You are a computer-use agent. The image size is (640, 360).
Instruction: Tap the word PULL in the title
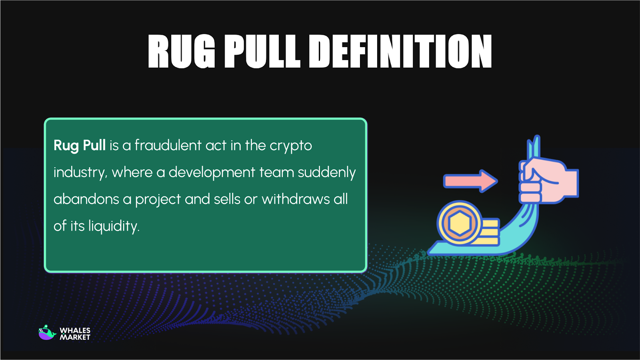(262, 51)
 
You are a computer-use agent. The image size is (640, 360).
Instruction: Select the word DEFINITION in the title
(400, 51)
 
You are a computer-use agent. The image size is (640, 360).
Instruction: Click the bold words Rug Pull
(80, 146)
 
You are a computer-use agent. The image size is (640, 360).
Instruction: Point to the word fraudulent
(168, 146)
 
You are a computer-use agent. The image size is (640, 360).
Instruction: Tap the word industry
(80, 173)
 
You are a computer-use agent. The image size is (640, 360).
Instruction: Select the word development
(212, 173)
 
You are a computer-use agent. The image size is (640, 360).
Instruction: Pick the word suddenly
(327, 173)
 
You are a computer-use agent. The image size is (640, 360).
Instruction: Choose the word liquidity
(114, 226)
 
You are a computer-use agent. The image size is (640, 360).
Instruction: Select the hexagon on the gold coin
(460, 223)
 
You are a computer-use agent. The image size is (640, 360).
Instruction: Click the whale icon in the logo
(47, 333)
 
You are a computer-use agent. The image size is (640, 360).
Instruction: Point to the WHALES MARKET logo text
(75, 334)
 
